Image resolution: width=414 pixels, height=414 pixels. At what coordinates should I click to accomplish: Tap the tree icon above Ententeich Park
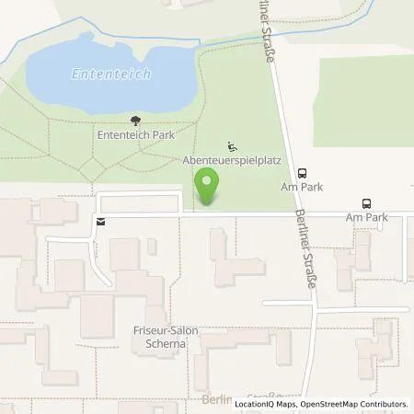(x=136, y=120)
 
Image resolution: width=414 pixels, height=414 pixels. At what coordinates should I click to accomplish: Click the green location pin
(x=209, y=187)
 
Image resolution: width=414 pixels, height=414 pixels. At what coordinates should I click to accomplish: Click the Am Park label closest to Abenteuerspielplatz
(x=303, y=185)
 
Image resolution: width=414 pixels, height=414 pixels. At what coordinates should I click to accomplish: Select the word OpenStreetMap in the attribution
(x=328, y=404)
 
